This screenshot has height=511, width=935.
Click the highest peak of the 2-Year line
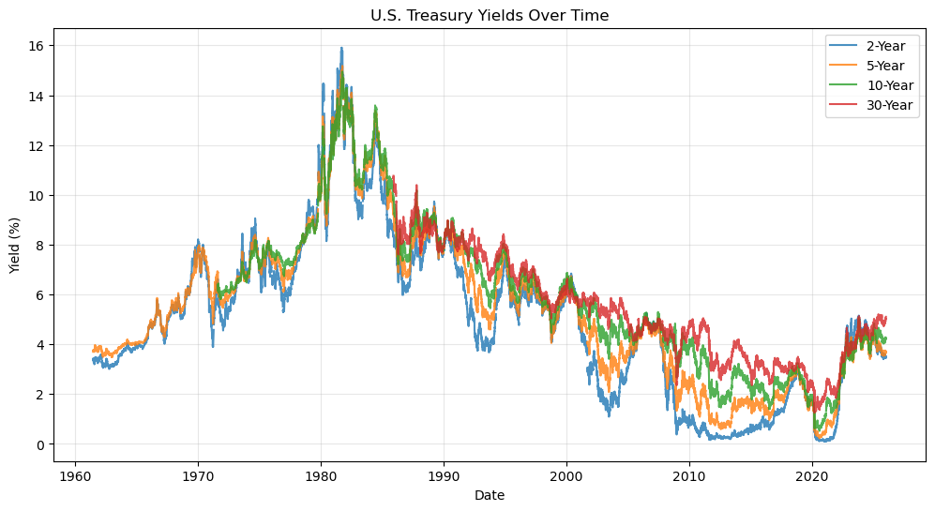tap(341, 48)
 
